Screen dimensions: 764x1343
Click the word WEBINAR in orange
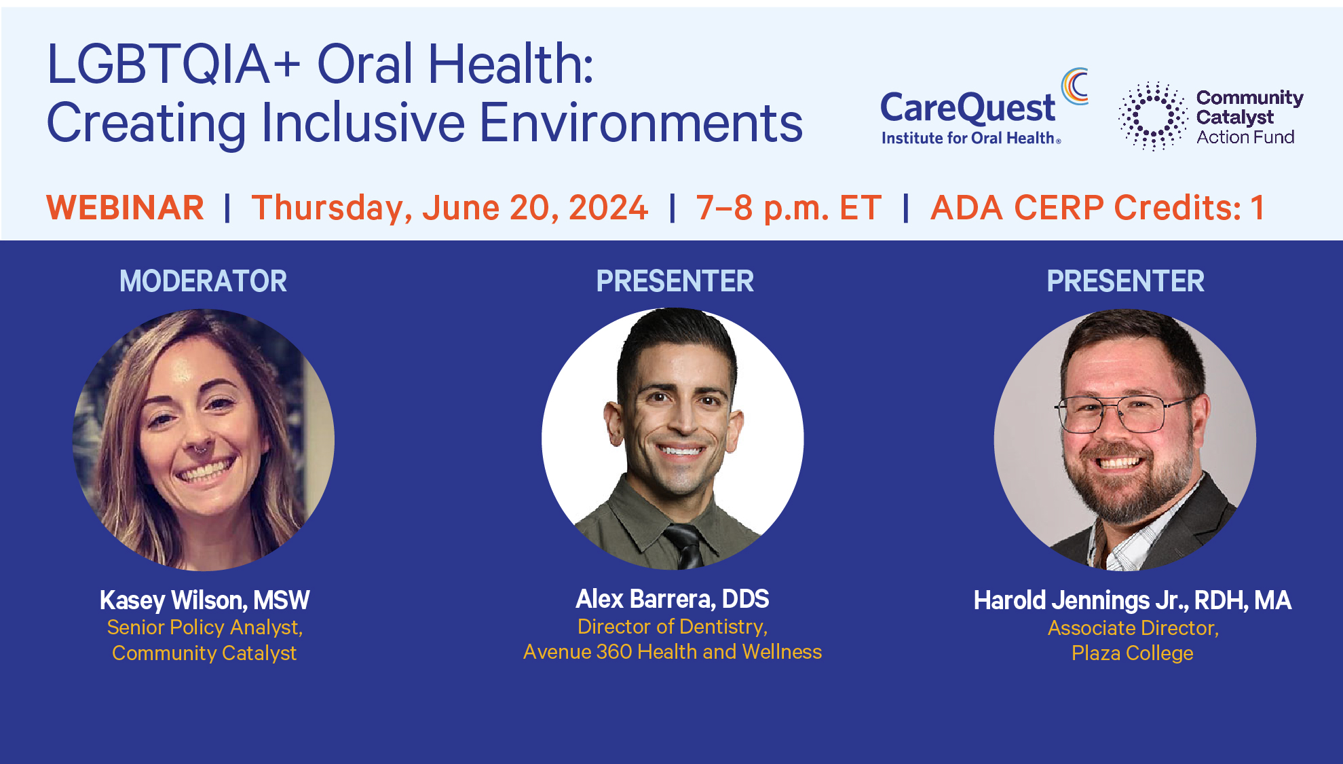point(125,208)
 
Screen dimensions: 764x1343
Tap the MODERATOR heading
point(203,281)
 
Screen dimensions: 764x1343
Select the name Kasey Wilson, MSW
point(204,600)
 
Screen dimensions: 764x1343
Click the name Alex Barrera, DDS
point(673,599)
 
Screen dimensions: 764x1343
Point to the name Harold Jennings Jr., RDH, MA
point(1132,600)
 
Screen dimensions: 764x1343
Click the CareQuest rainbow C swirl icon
point(1075,86)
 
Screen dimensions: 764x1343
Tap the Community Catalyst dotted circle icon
point(1152,116)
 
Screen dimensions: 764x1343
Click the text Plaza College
point(1132,653)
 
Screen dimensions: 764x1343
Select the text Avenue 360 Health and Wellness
point(673,652)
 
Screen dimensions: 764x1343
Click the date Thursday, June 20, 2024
point(449,208)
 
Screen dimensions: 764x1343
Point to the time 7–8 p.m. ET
point(789,208)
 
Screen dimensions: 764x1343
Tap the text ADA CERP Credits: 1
point(1097,208)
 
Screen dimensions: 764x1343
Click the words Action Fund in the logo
point(1245,137)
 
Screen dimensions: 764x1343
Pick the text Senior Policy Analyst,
point(204,627)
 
